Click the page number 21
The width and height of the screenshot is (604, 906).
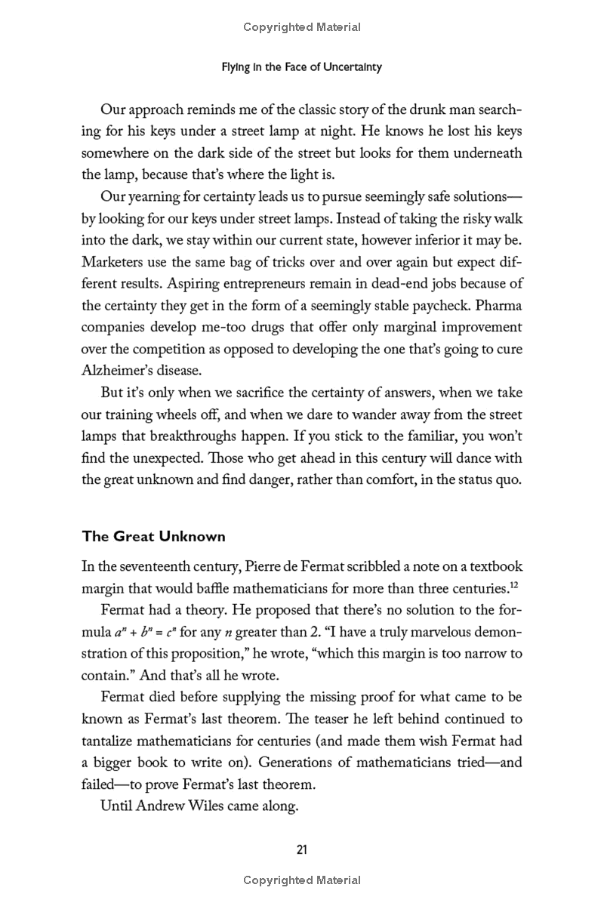[x=301, y=849]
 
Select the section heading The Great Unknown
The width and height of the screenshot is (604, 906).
[x=153, y=537]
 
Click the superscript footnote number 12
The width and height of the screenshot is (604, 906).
[x=516, y=584]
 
